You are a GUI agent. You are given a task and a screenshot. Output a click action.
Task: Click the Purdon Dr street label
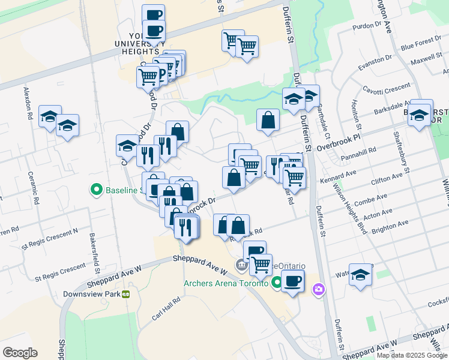coord(367,25)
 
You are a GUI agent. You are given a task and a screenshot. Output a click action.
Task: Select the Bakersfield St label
coord(94,250)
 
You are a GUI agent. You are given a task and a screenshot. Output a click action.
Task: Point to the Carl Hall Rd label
coord(166,308)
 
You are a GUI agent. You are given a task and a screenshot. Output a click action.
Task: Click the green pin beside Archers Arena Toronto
coord(277,282)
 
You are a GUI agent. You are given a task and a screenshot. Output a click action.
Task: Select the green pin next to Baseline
coord(95,191)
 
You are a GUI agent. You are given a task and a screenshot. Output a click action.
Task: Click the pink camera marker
coord(318,290)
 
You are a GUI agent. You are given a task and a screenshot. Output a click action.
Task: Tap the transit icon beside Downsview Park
coord(126,295)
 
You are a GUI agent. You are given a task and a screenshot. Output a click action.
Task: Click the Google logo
coord(20,353)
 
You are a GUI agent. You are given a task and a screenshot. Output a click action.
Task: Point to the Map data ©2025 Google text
coord(412,355)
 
